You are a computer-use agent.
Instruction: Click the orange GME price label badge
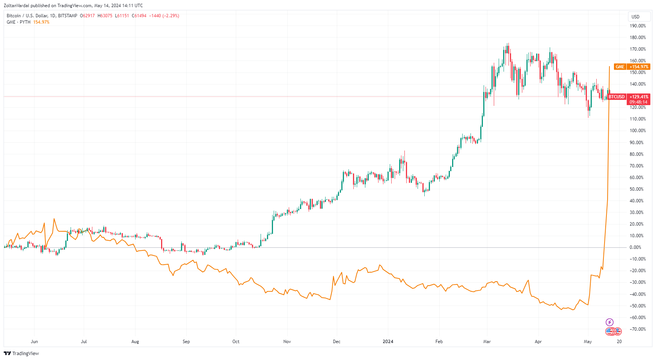[620, 67]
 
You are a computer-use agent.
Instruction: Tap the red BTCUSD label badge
[617, 97]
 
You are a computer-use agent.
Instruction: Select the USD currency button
[635, 17]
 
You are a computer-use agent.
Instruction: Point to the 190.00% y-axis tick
[638, 26]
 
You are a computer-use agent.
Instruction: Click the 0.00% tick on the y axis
[635, 247]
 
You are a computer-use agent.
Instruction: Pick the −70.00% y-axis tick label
[638, 329]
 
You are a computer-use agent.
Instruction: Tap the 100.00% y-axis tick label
[638, 131]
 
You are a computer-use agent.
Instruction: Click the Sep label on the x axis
[186, 342]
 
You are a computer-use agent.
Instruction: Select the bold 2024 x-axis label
[388, 342]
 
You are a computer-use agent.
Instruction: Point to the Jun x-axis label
[34, 342]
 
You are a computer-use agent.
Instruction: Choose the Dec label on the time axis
[337, 342]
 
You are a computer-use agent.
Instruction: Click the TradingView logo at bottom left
[21, 353]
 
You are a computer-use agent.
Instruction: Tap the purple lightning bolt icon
[610, 322]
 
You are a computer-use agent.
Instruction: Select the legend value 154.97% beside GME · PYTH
[41, 22]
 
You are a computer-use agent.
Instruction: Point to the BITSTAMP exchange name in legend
[68, 16]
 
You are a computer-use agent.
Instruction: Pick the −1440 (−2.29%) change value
[164, 16]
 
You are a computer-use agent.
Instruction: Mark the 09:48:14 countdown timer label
[638, 102]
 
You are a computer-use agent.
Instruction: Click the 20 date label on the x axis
[619, 342]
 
